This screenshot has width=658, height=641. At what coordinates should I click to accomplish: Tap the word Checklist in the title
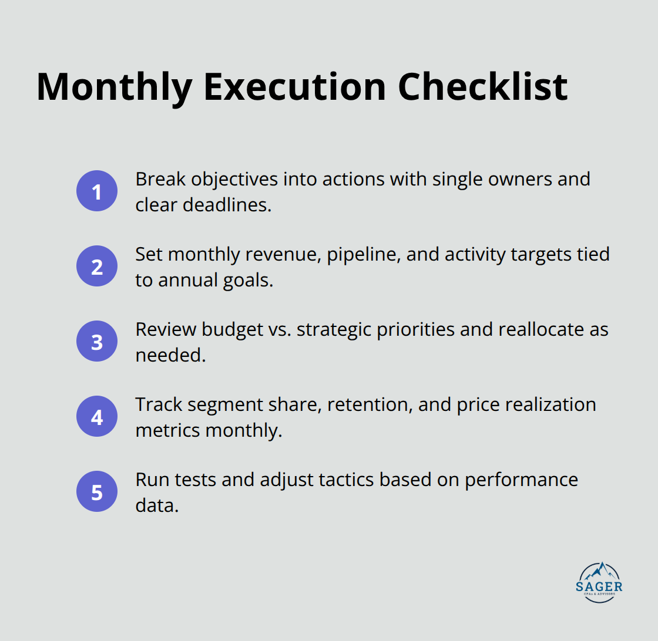[483, 87]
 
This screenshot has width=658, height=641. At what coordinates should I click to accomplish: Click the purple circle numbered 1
[97, 191]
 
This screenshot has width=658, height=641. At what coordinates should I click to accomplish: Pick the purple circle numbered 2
[97, 266]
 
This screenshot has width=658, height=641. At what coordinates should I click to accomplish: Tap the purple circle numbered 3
[97, 341]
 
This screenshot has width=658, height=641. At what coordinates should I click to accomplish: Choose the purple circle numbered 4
[97, 416]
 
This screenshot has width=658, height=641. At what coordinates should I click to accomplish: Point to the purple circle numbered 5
[97, 491]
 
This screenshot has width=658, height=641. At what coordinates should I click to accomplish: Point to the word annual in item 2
[187, 280]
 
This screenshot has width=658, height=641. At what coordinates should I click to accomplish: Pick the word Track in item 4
[157, 404]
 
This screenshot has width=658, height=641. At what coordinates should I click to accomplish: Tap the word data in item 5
[156, 505]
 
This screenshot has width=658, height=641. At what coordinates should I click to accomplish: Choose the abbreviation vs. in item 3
[280, 329]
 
